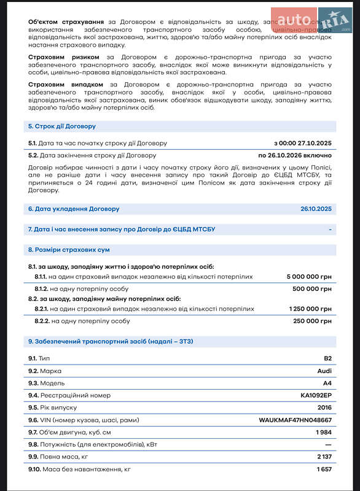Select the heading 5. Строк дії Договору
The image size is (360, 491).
(61, 126)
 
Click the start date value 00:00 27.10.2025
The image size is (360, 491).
(303, 143)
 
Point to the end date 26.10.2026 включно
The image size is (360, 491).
(295, 155)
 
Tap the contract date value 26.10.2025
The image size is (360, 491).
(316, 209)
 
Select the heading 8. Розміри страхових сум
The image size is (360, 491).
(69, 250)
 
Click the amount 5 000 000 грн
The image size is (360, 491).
(309, 277)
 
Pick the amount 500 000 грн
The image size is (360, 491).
(312, 288)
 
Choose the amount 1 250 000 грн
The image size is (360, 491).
(309, 309)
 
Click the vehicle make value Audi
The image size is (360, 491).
(324, 371)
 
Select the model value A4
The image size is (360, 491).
(327, 383)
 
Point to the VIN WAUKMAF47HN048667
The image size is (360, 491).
(295, 420)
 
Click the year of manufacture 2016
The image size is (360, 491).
(324, 408)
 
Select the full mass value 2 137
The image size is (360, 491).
(324, 457)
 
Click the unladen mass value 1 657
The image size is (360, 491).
(324, 470)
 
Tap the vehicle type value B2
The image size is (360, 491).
(327, 358)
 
